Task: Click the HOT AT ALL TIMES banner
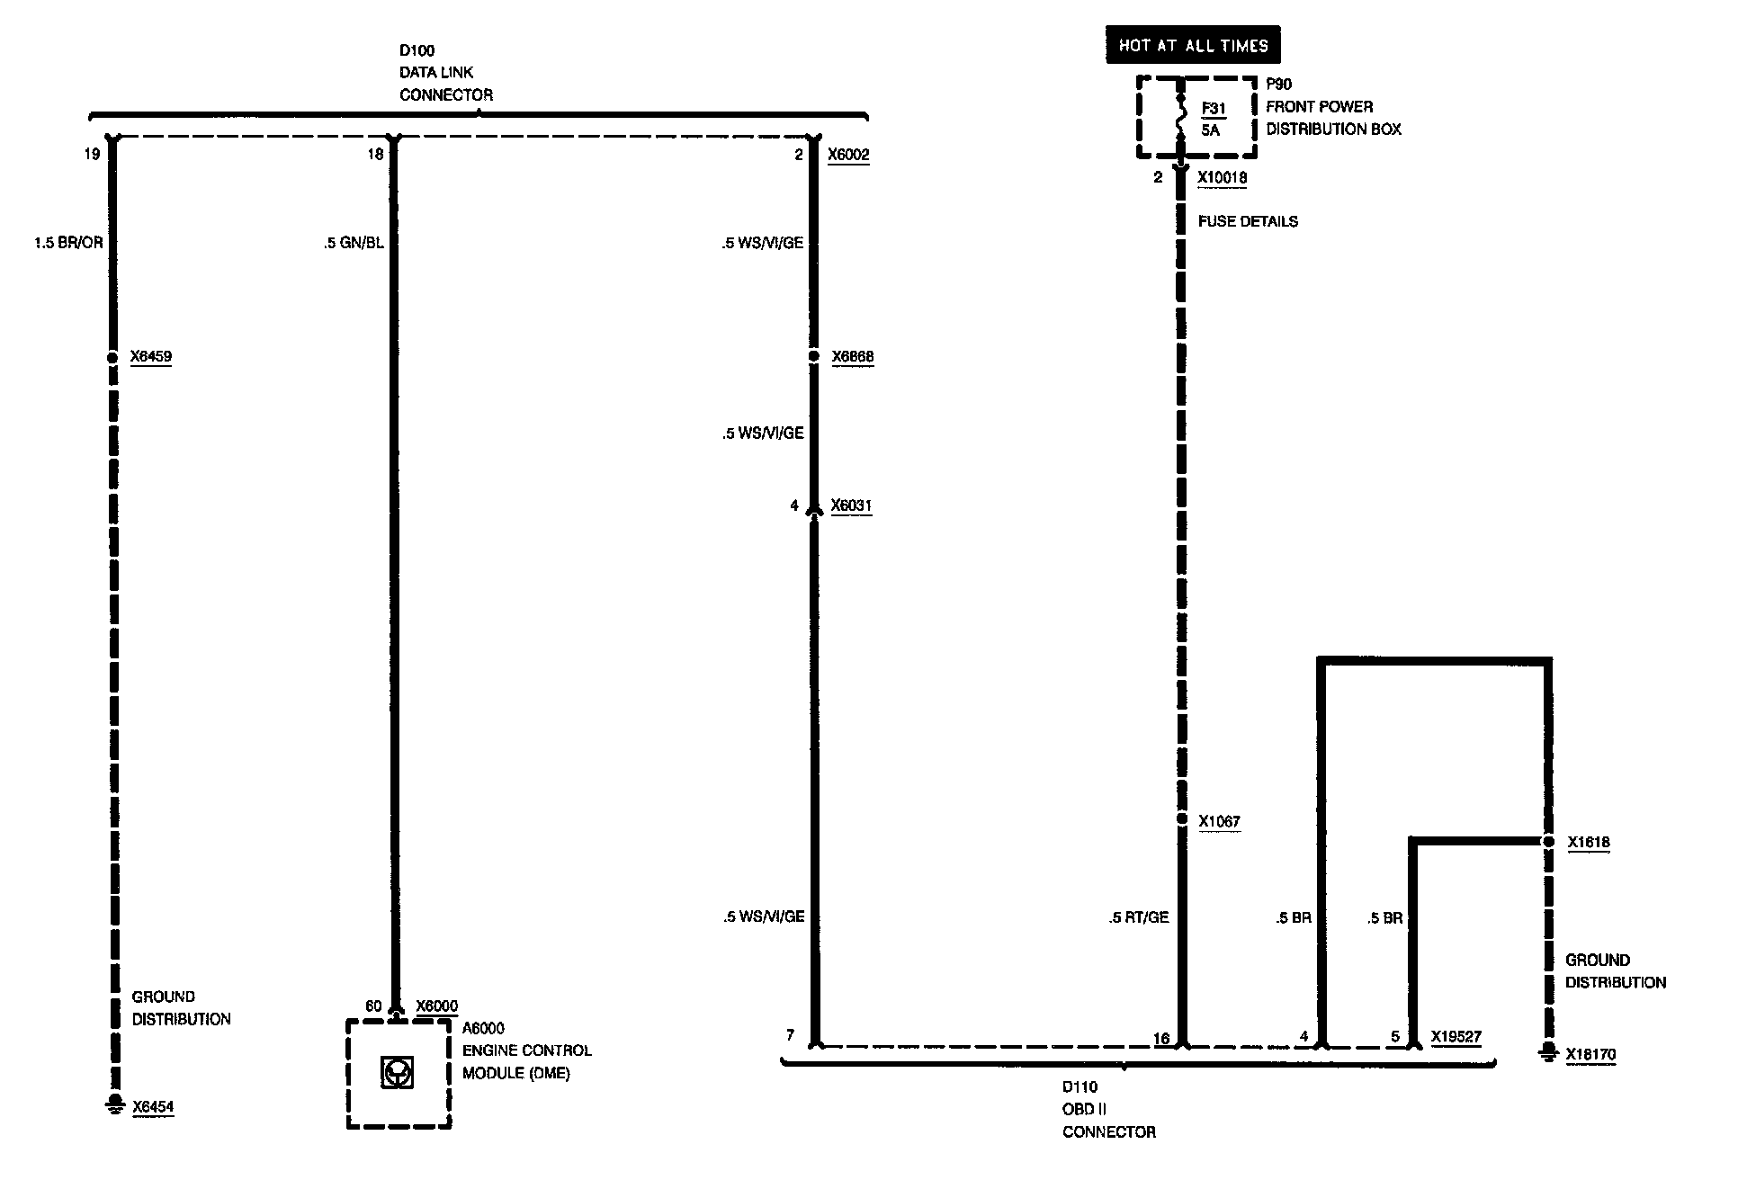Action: (1193, 45)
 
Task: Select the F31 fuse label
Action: (1214, 109)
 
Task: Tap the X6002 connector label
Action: (848, 155)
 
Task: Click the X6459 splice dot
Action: (112, 357)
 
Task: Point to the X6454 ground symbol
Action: (114, 1104)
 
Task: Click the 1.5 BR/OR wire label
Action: (69, 243)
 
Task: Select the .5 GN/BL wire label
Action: (354, 243)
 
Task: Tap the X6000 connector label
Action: (436, 1006)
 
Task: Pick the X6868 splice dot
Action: (814, 357)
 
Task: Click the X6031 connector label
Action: (851, 505)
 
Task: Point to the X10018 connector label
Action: (1222, 178)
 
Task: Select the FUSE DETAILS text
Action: (1248, 221)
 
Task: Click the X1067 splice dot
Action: (1182, 819)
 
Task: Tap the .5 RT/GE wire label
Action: (1139, 917)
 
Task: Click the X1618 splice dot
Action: (1548, 842)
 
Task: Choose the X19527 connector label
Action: (1456, 1037)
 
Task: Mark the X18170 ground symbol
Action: (1548, 1052)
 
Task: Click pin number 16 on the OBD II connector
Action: (1161, 1038)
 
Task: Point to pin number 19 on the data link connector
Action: (92, 155)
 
